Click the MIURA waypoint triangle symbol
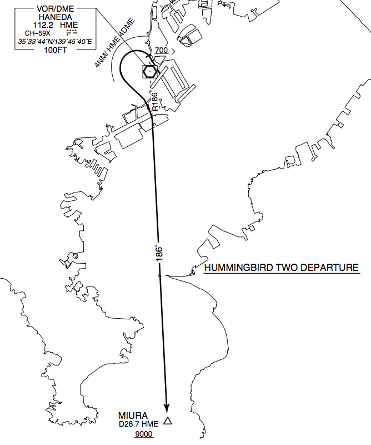pos(168,421)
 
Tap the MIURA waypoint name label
pos(133,416)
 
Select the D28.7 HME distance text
pos(139,424)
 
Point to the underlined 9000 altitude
pos(144,434)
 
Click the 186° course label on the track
pos(159,253)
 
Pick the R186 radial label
pos(155,102)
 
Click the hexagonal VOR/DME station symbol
pos(149,72)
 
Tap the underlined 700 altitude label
pos(161,51)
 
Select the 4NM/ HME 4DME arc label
pos(114,43)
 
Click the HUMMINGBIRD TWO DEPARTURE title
pos(282,268)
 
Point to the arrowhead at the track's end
pos(167,408)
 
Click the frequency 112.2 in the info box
pos(43,25)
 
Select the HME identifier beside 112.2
pos(69,25)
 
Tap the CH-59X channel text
pos(37,33)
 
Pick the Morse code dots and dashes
pos(72,32)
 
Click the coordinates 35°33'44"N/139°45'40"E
pos(55,42)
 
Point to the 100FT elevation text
pos(56,50)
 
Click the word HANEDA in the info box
pos(56,17)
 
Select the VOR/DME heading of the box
pos(56,9)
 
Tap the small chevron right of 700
pos(173,51)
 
